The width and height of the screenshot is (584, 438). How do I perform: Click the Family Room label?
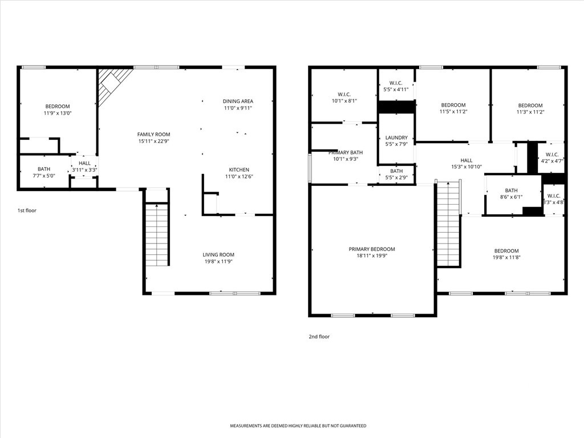point(154,135)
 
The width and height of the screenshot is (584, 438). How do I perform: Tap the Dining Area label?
point(238,102)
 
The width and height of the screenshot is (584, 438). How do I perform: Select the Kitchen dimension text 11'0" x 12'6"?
point(239,177)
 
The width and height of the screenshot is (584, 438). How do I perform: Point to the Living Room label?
point(218,255)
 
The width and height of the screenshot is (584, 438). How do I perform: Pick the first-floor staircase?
point(157,234)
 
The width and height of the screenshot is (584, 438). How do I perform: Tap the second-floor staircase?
point(449,224)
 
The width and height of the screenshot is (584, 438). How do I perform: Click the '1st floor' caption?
point(27,210)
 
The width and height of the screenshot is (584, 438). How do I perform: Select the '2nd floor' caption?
point(319,336)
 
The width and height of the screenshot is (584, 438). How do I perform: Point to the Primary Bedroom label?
point(372,249)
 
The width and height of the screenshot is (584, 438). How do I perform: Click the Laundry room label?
point(397,138)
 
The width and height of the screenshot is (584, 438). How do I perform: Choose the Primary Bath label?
point(346,153)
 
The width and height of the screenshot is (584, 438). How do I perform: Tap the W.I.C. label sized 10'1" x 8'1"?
point(344,95)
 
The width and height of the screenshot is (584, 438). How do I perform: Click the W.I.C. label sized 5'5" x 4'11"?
point(396,83)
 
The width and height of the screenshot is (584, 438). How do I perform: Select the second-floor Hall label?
point(467,160)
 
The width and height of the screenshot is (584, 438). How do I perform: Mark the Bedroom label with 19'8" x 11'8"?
point(506,251)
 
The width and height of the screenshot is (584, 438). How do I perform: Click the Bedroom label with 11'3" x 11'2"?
point(530,106)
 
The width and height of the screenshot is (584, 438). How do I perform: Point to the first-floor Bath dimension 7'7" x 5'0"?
point(43,176)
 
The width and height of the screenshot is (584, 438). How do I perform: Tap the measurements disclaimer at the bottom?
point(298,425)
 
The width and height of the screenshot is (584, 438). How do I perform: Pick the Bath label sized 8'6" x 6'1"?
point(512,190)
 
